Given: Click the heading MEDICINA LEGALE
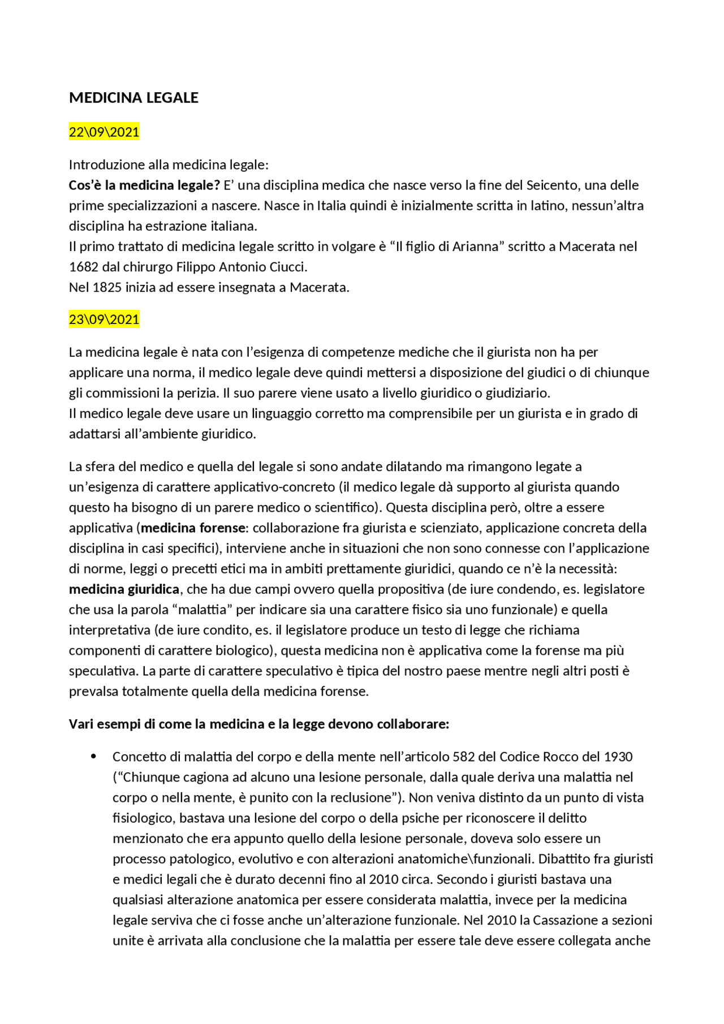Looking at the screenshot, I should pos(133,98).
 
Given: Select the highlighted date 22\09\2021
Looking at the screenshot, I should pos(104,132).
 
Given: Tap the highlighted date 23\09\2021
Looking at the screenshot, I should pos(104,319).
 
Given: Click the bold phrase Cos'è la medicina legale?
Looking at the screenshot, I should pos(144,185).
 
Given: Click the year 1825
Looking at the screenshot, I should pos(107,287).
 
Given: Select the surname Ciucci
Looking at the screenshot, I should pos(287,267).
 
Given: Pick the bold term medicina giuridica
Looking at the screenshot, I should pos(124,589).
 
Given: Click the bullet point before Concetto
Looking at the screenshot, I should pos(94,757).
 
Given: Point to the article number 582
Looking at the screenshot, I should pos(464,757).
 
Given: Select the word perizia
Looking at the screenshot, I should pos(197,393).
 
